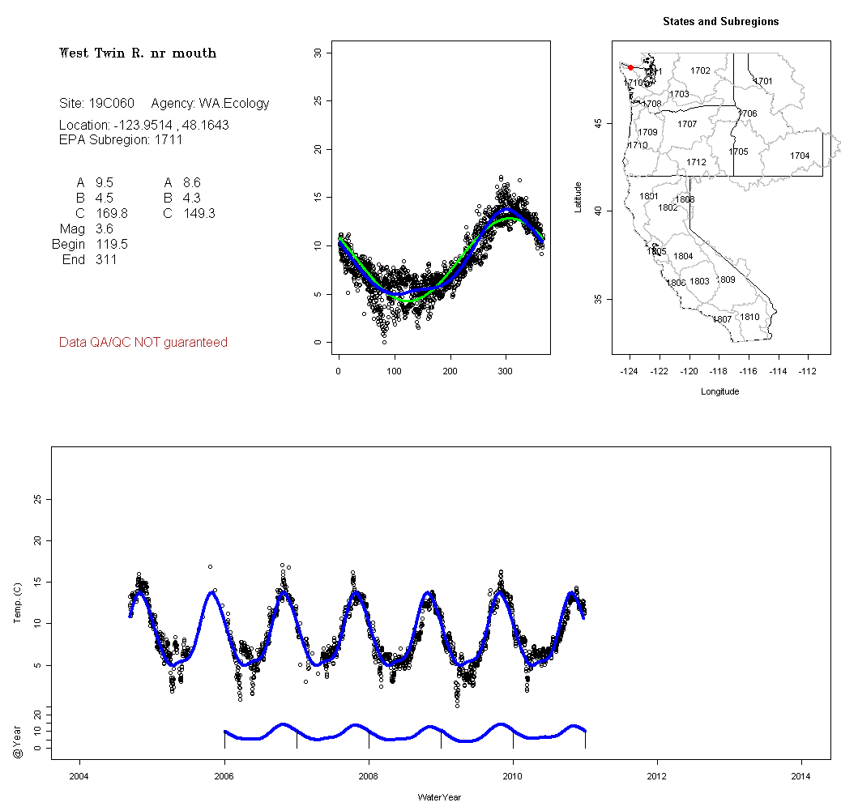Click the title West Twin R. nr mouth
point(138,53)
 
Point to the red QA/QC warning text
point(143,343)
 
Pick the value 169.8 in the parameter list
point(111,213)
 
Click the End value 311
point(105,259)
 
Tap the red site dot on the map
point(630,67)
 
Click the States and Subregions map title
point(720,22)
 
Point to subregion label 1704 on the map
point(800,156)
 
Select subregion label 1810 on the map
point(750,317)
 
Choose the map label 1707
point(687,124)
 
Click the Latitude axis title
point(578,197)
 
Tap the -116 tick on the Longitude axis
point(748,371)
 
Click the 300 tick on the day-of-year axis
point(506,371)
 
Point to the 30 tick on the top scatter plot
point(318,53)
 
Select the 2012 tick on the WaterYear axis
point(657,776)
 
